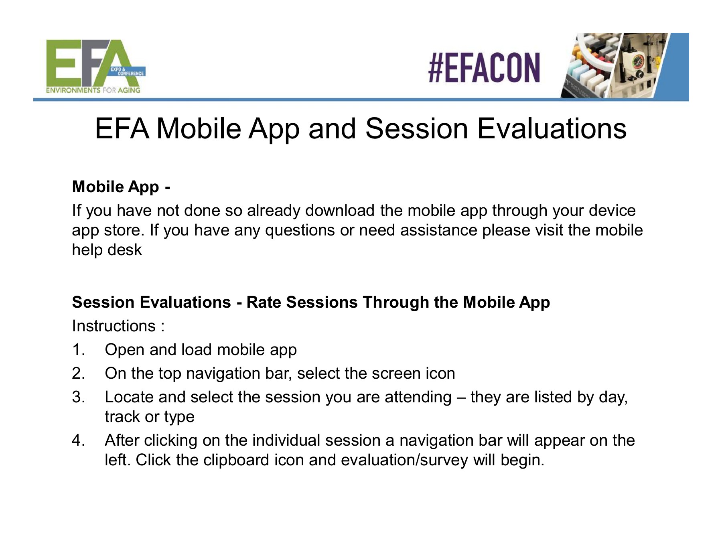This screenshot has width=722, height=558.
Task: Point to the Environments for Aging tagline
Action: pyautogui.click(x=93, y=90)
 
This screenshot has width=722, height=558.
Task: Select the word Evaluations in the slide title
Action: pyautogui.click(x=552, y=129)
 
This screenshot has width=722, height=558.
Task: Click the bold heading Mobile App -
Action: pyautogui.click(x=121, y=187)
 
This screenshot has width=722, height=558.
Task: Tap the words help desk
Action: pyautogui.click(x=107, y=250)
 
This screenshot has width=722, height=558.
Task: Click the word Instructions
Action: pyautogui.click(x=114, y=326)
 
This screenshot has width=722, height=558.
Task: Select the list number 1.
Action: pyautogui.click(x=79, y=350)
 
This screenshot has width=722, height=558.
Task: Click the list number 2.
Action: pyautogui.click(x=79, y=373)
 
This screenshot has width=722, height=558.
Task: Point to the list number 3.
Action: pyautogui.click(x=79, y=397)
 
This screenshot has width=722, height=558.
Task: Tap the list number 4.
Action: pyautogui.click(x=79, y=440)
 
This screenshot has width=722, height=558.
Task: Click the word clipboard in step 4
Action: pyautogui.click(x=236, y=460)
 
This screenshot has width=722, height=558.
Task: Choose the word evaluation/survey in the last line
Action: pyautogui.click(x=404, y=460)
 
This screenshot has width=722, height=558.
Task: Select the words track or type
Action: pyautogui.click(x=150, y=417)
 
